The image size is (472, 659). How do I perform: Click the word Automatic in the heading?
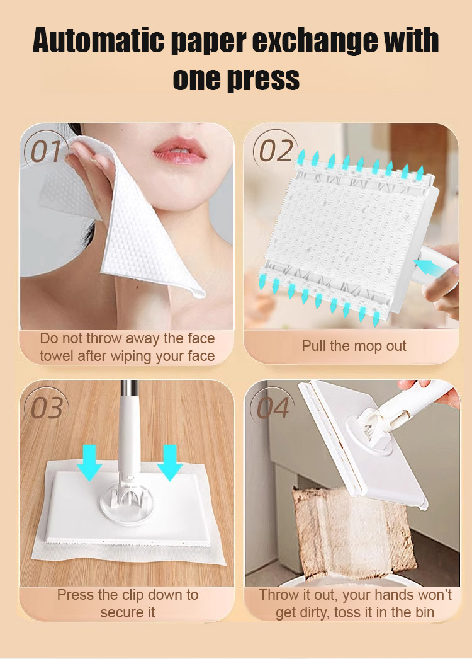[98, 40]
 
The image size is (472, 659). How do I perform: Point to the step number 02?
[276, 151]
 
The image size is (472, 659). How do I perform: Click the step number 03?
[46, 408]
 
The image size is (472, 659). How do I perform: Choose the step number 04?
[273, 408]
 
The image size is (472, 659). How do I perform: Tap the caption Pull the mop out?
[354, 346]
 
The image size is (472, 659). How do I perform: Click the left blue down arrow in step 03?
[89, 462]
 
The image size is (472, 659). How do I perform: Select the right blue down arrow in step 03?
[170, 462]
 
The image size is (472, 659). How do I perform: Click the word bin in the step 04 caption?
[422, 612]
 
